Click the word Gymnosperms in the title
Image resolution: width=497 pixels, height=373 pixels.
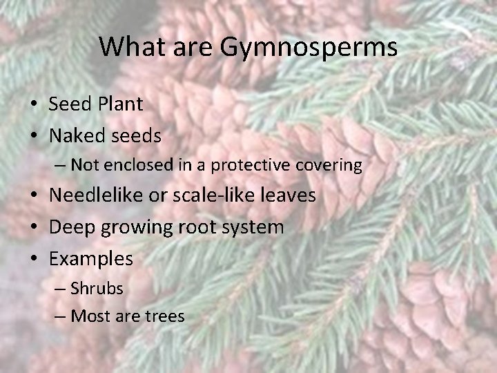[x=309, y=47]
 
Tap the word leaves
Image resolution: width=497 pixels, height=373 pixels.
[x=291, y=195]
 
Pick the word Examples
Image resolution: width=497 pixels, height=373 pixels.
[x=91, y=259]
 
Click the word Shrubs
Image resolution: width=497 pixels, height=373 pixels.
[x=97, y=288]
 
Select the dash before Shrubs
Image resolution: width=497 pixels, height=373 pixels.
[x=59, y=289]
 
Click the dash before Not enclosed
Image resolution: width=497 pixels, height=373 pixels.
[x=59, y=166]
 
